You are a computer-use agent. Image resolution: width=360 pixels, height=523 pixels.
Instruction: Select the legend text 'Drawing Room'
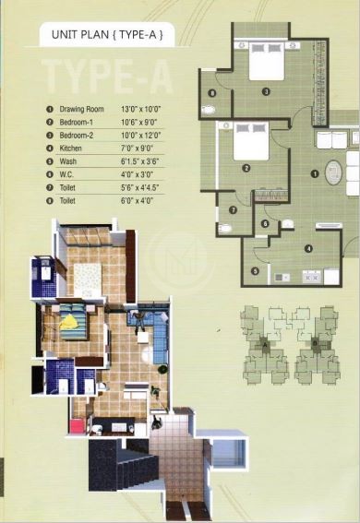[85, 109]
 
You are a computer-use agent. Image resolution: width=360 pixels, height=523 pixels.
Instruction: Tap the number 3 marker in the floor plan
[265, 91]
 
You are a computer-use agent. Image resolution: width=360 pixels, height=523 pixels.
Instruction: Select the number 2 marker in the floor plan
[246, 168]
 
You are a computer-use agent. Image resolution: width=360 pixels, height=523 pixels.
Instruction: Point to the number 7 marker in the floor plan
[234, 209]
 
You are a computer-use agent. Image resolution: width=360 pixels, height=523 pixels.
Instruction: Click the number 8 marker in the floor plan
[212, 93]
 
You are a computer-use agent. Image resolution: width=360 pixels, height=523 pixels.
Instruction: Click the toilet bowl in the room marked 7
[224, 225]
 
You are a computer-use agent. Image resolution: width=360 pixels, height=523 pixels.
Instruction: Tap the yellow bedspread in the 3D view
[71, 325]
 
